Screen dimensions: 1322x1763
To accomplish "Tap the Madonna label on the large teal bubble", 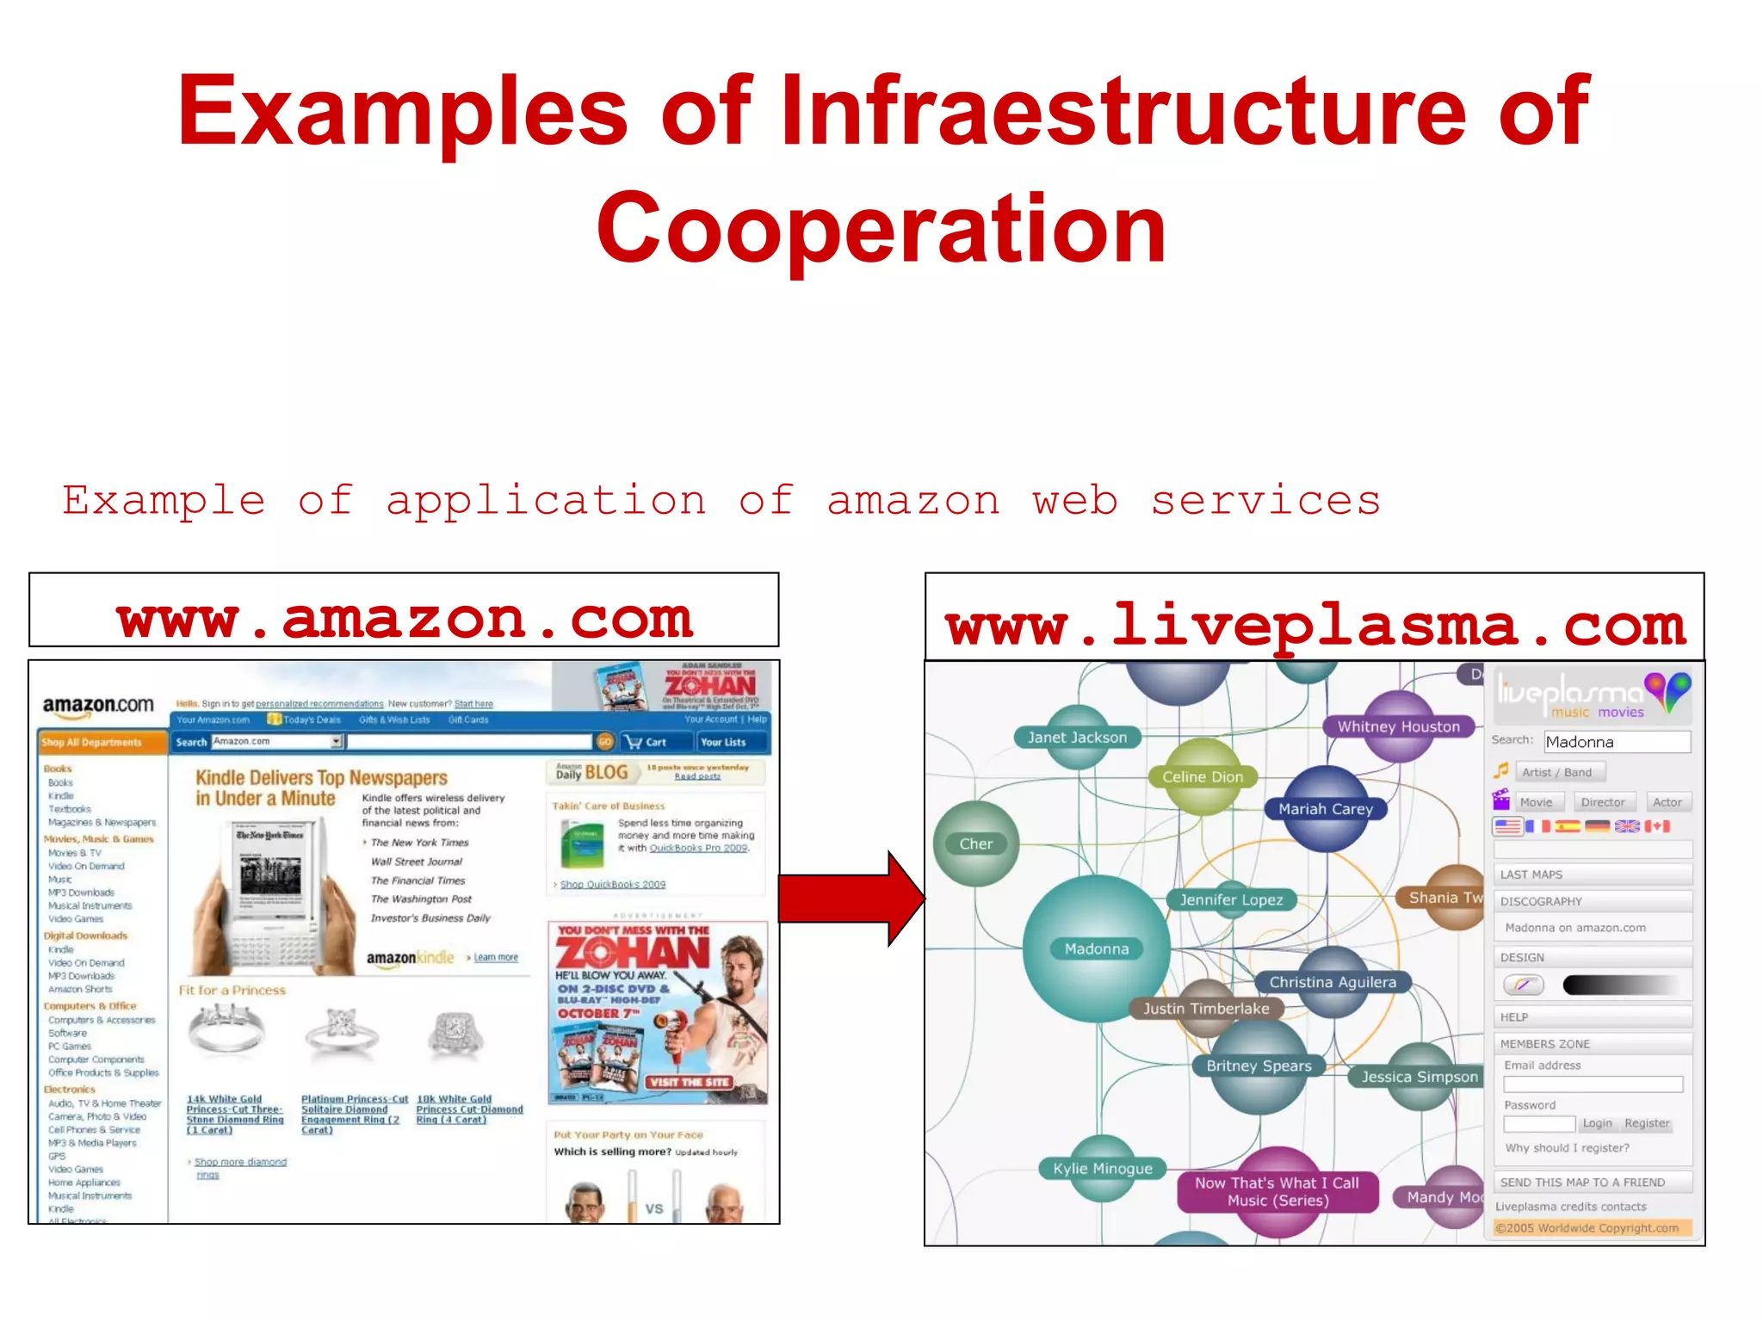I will coord(1096,948).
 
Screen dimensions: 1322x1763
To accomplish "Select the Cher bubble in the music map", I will coord(976,843).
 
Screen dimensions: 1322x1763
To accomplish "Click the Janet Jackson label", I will coord(1077,737).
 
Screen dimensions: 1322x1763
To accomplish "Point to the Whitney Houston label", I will coord(1398,726).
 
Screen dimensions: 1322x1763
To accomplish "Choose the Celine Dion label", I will coord(1202,776).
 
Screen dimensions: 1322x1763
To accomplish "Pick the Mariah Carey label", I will coord(1325,809).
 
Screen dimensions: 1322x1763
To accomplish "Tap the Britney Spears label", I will coord(1259,1066).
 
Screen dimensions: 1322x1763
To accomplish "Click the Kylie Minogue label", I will coord(1102,1168).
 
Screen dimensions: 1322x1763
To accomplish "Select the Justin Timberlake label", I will coord(1205,1008).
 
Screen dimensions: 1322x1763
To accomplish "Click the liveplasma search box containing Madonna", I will coord(1617,742).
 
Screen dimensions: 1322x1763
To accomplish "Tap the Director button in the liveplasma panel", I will coord(1602,802).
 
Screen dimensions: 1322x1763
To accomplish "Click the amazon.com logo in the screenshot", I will coord(98,706).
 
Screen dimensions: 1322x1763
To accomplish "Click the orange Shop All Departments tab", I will coord(102,742).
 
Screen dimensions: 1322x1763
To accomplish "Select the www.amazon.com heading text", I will coord(405,618).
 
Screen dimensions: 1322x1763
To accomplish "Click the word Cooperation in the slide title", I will coord(881,228).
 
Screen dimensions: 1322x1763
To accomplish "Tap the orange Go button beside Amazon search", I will coord(605,742).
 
